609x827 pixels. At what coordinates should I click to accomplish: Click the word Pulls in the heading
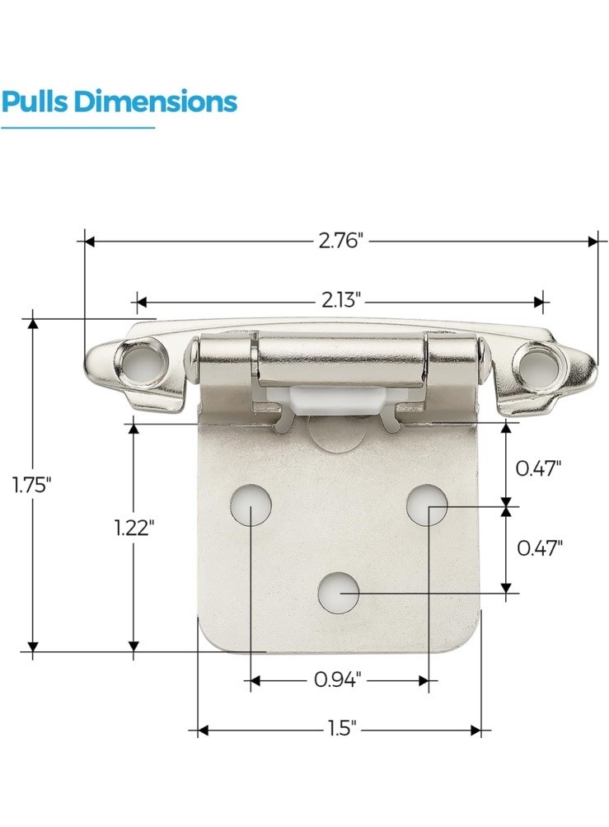point(34,102)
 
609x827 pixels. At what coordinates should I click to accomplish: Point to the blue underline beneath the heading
point(77,128)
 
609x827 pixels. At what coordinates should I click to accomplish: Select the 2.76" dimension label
point(340,241)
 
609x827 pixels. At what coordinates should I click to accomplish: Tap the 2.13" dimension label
point(340,300)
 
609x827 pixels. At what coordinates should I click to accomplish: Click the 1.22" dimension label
point(134,528)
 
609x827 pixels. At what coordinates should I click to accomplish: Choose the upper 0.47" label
point(539,468)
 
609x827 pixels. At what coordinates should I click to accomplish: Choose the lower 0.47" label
point(539,547)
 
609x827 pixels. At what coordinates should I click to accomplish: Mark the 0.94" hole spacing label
point(339,680)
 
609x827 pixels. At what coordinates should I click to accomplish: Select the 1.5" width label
point(339,730)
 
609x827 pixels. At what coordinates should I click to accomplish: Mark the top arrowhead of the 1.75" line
point(33,322)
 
